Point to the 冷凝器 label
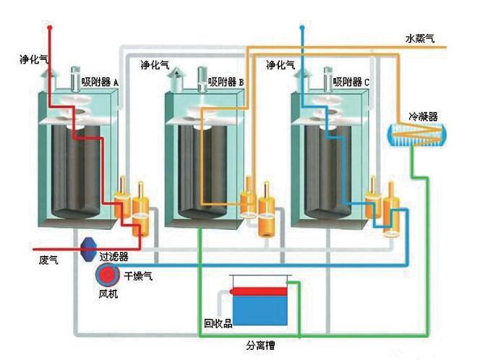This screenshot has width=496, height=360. [x=423, y=116]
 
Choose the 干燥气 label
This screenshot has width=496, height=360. [x=139, y=275]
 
